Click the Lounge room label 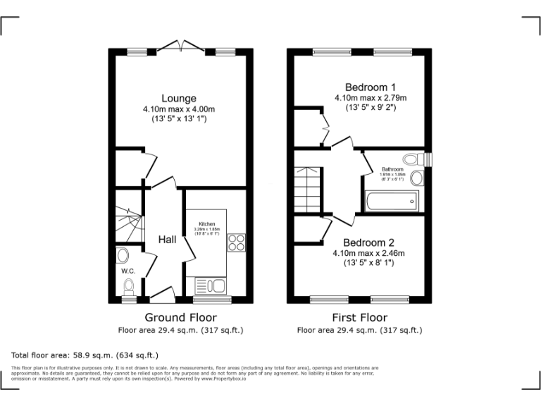click(179, 98)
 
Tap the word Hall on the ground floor click(167, 240)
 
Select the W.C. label click(128, 271)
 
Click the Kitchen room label click(206, 224)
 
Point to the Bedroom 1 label click(360, 87)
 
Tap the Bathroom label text click(392, 170)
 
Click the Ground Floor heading click(180, 318)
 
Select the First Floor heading click(359, 318)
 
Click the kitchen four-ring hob click(235, 242)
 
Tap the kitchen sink click(209, 285)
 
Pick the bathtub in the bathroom click(392, 202)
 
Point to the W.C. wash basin click(123, 255)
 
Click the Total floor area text click(85, 355)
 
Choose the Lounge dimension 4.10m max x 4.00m click(179, 109)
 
